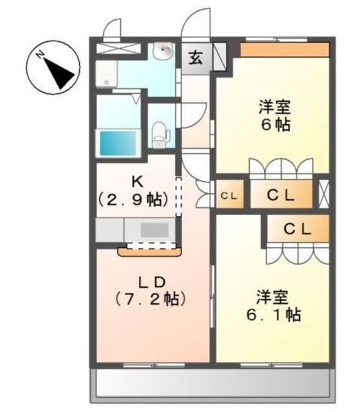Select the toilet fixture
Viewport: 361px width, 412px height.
pos(159,133)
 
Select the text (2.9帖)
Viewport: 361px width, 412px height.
pos(134,199)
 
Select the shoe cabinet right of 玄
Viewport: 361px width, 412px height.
pos(219,55)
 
